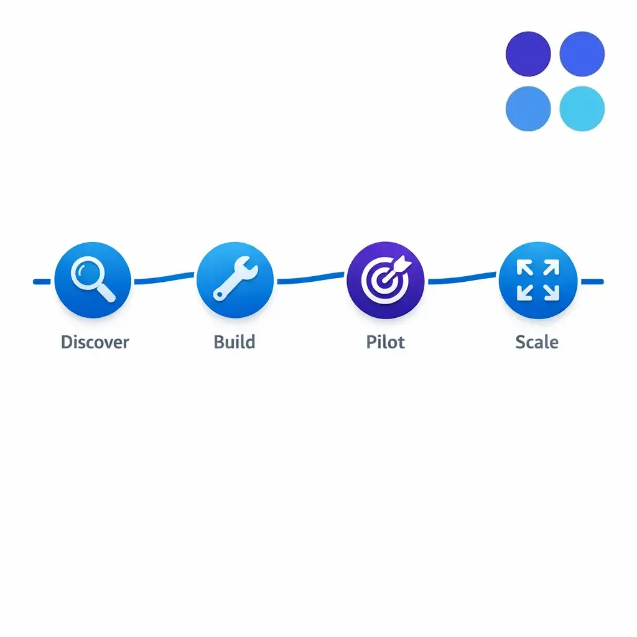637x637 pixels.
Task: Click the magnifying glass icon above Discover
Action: coord(93,280)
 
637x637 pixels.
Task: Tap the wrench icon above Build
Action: coord(235,280)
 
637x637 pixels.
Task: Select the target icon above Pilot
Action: coord(386,280)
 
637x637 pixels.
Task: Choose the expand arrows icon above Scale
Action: coord(537,280)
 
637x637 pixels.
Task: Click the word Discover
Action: coord(95,342)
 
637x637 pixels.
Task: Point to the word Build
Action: coord(234,342)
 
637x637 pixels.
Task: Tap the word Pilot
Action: coord(386,342)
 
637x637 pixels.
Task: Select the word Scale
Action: coord(537,342)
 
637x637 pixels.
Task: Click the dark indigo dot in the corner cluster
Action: coord(528,54)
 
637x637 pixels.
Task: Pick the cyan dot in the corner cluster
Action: coord(582,108)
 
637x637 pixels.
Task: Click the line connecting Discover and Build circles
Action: coord(164,279)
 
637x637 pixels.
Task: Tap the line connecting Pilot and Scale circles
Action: coord(462,278)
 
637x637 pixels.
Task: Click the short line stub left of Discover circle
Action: coord(42,282)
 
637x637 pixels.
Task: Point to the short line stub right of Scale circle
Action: coord(592,282)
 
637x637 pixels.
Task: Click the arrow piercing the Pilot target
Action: coord(398,267)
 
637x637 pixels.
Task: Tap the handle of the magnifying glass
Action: coord(106,293)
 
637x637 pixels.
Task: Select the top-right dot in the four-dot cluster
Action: coord(582,54)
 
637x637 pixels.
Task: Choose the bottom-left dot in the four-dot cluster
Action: coord(528,108)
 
